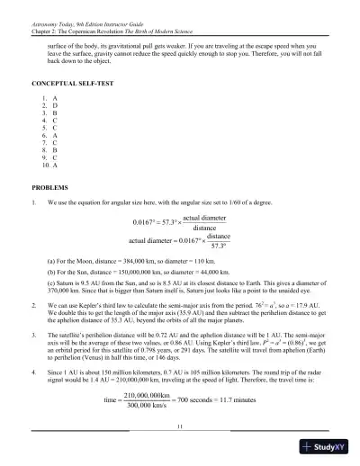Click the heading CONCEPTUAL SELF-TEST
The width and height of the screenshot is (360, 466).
(x=66, y=83)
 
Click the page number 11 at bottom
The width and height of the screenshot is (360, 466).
(x=180, y=426)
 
